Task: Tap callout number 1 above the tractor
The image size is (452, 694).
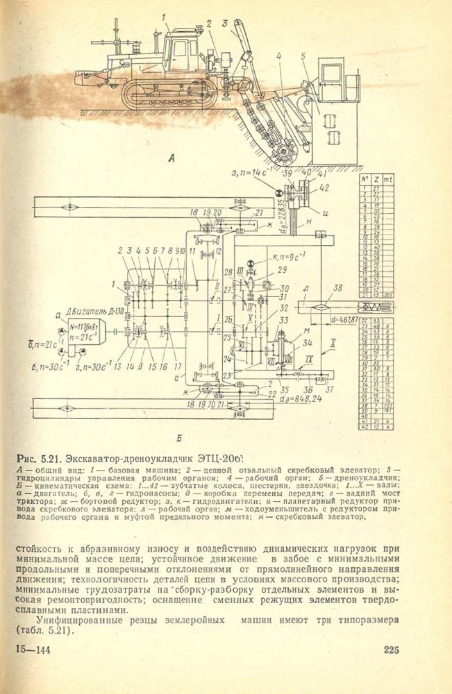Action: (164, 17)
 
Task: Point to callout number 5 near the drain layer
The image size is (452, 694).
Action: (303, 56)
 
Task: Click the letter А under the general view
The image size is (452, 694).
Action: (171, 159)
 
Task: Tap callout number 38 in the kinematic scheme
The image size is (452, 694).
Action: (338, 287)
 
